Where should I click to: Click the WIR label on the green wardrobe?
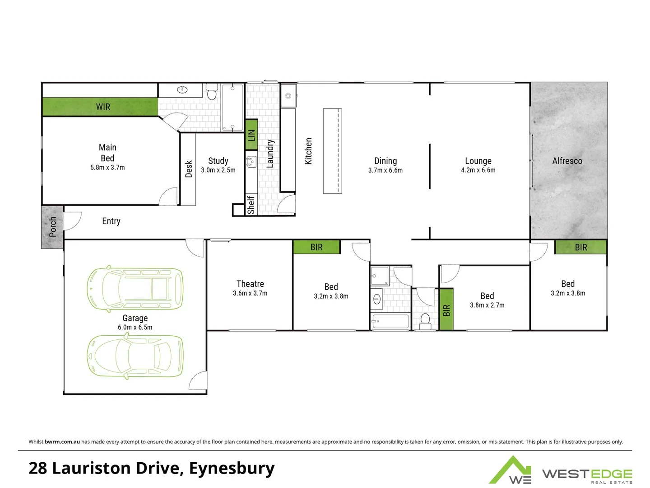(x=103, y=107)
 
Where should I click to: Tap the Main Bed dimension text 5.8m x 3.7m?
(x=107, y=168)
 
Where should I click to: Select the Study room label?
(x=218, y=161)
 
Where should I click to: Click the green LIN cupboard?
(x=251, y=135)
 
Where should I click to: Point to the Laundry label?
(x=270, y=154)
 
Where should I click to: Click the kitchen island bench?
(x=332, y=151)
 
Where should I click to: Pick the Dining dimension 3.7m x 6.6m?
(x=385, y=170)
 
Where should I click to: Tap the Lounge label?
(x=478, y=161)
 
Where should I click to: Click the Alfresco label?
(x=567, y=161)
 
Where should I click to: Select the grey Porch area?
(x=52, y=227)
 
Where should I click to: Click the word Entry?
(x=111, y=221)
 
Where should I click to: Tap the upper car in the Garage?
(x=135, y=288)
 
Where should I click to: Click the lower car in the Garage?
(x=135, y=356)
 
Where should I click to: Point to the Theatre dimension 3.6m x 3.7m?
(x=250, y=293)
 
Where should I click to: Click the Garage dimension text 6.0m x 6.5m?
(x=135, y=328)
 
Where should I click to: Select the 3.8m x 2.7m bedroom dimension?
(x=487, y=305)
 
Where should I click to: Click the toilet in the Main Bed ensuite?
(x=212, y=92)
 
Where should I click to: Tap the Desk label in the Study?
(x=189, y=169)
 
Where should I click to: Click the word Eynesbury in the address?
(x=232, y=469)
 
